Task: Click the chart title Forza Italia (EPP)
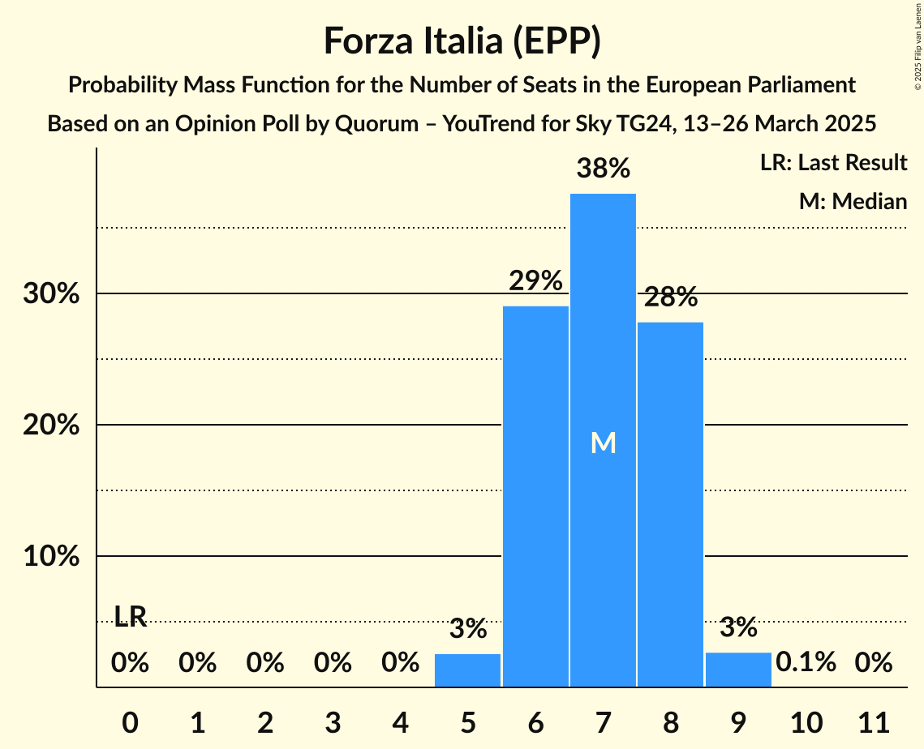462,41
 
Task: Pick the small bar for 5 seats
467,670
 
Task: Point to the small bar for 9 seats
738,670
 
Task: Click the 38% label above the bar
603,169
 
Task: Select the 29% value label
535,281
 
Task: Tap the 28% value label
670,297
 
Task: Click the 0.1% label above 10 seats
806,662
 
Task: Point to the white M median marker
603,443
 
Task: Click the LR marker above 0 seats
130,617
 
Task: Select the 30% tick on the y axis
51,293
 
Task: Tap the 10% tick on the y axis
51,557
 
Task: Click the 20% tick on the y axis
51,425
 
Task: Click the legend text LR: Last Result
833,163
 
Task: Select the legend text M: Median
853,201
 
